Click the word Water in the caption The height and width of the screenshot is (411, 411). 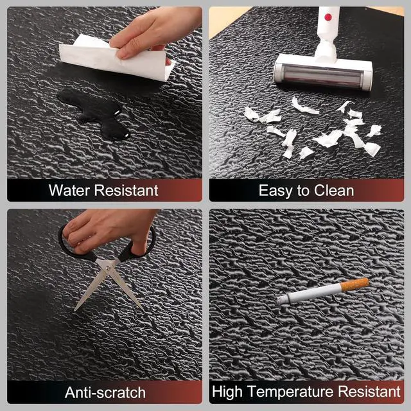point(69,190)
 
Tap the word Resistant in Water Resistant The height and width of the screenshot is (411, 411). point(126,190)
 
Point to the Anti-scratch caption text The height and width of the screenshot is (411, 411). point(105,392)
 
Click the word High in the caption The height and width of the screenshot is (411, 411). point(227,392)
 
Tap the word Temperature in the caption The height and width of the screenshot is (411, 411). point(290,392)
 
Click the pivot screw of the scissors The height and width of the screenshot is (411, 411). point(108,268)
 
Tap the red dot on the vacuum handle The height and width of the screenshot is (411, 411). point(328,17)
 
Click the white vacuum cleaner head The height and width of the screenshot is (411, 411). point(323,73)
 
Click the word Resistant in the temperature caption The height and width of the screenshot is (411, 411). point(369,391)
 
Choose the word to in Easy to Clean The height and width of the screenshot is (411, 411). point(303,191)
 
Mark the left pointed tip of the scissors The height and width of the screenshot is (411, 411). point(74,311)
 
